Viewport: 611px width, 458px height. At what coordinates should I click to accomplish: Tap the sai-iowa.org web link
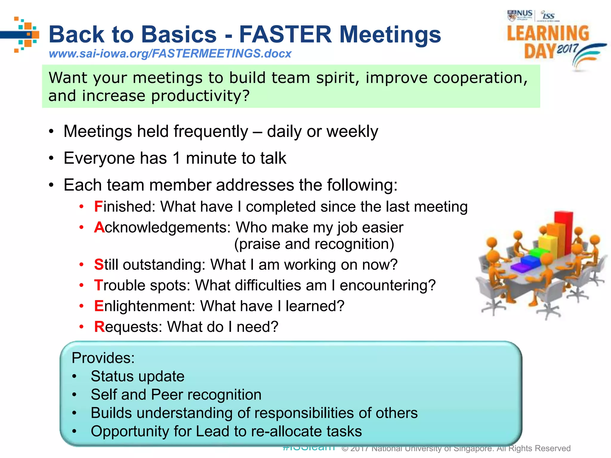click(x=170, y=54)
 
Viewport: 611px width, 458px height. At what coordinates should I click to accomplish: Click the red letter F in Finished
click(x=98, y=207)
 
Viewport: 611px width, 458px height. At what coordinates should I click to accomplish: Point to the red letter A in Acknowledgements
click(x=99, y=228)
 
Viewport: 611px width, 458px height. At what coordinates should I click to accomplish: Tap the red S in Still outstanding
click(x=98, y=265)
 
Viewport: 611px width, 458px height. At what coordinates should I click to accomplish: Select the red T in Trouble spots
click(x=98, y=285)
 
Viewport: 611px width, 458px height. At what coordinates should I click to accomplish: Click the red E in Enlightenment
click(x=99, y=306)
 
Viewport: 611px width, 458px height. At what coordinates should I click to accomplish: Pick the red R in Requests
click(x=99, y=327)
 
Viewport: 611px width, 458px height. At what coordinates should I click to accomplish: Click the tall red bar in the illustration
click(x=564, y=233)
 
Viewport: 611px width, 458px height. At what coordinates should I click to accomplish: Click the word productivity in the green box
click(x=200, y=96)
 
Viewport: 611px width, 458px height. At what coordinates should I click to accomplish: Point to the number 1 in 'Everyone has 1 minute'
click(x=177, y=158)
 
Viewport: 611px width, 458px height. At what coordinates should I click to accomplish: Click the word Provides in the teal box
click(x=103, y=358)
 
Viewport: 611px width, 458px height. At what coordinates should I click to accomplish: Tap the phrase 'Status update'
click(x=138, y=376)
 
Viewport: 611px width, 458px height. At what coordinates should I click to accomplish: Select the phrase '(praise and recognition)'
click(x=314, y=244)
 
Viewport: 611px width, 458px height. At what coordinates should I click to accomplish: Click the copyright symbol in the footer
click(x=345, y=448)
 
